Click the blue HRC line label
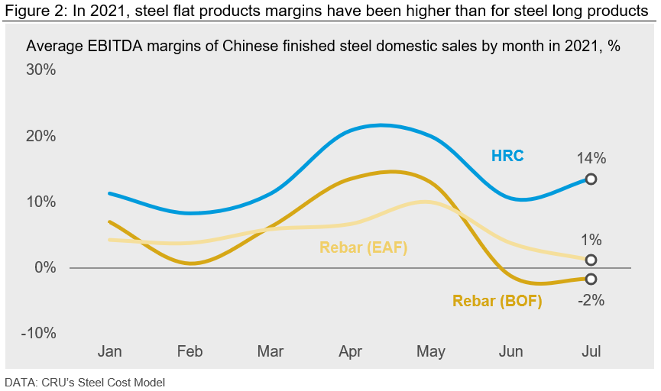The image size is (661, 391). (x=507, y=156)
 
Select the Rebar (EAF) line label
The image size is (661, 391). (x=363, y=247)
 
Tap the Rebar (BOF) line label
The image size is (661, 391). (x=497, y=301)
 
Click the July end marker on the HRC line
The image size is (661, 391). (x=591, y=179)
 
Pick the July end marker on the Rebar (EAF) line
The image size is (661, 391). (x=591, y=260)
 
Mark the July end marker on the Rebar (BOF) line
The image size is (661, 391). (x=591, y=279)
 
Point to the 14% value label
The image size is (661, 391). (x=591, y=159)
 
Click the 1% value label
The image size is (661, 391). (x=591, y=239)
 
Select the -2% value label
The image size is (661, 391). (x=591, y=300)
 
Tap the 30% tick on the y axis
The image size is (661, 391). (x=41, y=70)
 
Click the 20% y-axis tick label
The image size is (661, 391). (x=41, y=136)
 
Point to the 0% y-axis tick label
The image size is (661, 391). (x=44, y=268)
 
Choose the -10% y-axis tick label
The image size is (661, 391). (x=38, y=334)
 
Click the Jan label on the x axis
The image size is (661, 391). (x=110, y=351)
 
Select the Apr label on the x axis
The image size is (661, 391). (x=350, y=351)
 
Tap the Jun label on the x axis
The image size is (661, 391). (x=510, y=351)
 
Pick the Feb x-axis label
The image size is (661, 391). (x=190, y=351)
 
